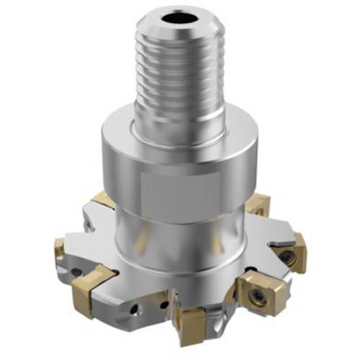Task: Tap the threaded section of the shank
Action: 176,79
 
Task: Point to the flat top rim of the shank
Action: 155,20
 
